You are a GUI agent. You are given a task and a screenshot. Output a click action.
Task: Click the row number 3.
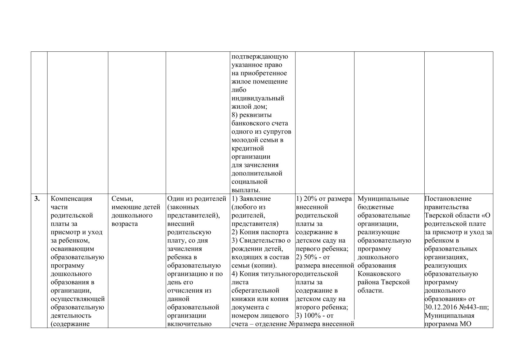[37, 199]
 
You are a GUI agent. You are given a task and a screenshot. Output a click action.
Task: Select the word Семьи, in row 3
[122, 199]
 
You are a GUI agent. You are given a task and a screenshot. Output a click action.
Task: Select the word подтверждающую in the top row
[260, 57]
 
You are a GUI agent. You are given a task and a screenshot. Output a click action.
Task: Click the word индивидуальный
[258, 98]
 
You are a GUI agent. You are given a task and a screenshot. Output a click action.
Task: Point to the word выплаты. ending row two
[246, 190]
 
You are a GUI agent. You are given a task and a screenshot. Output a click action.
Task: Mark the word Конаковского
[379, 274]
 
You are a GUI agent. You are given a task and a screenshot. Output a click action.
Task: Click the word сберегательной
[255, 290]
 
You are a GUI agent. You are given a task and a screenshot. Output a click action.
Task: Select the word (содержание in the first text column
[70, 324]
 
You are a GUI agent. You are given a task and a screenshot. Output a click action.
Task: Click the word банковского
[260, 123]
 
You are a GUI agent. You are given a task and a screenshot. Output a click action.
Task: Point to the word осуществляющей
[78, 299]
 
